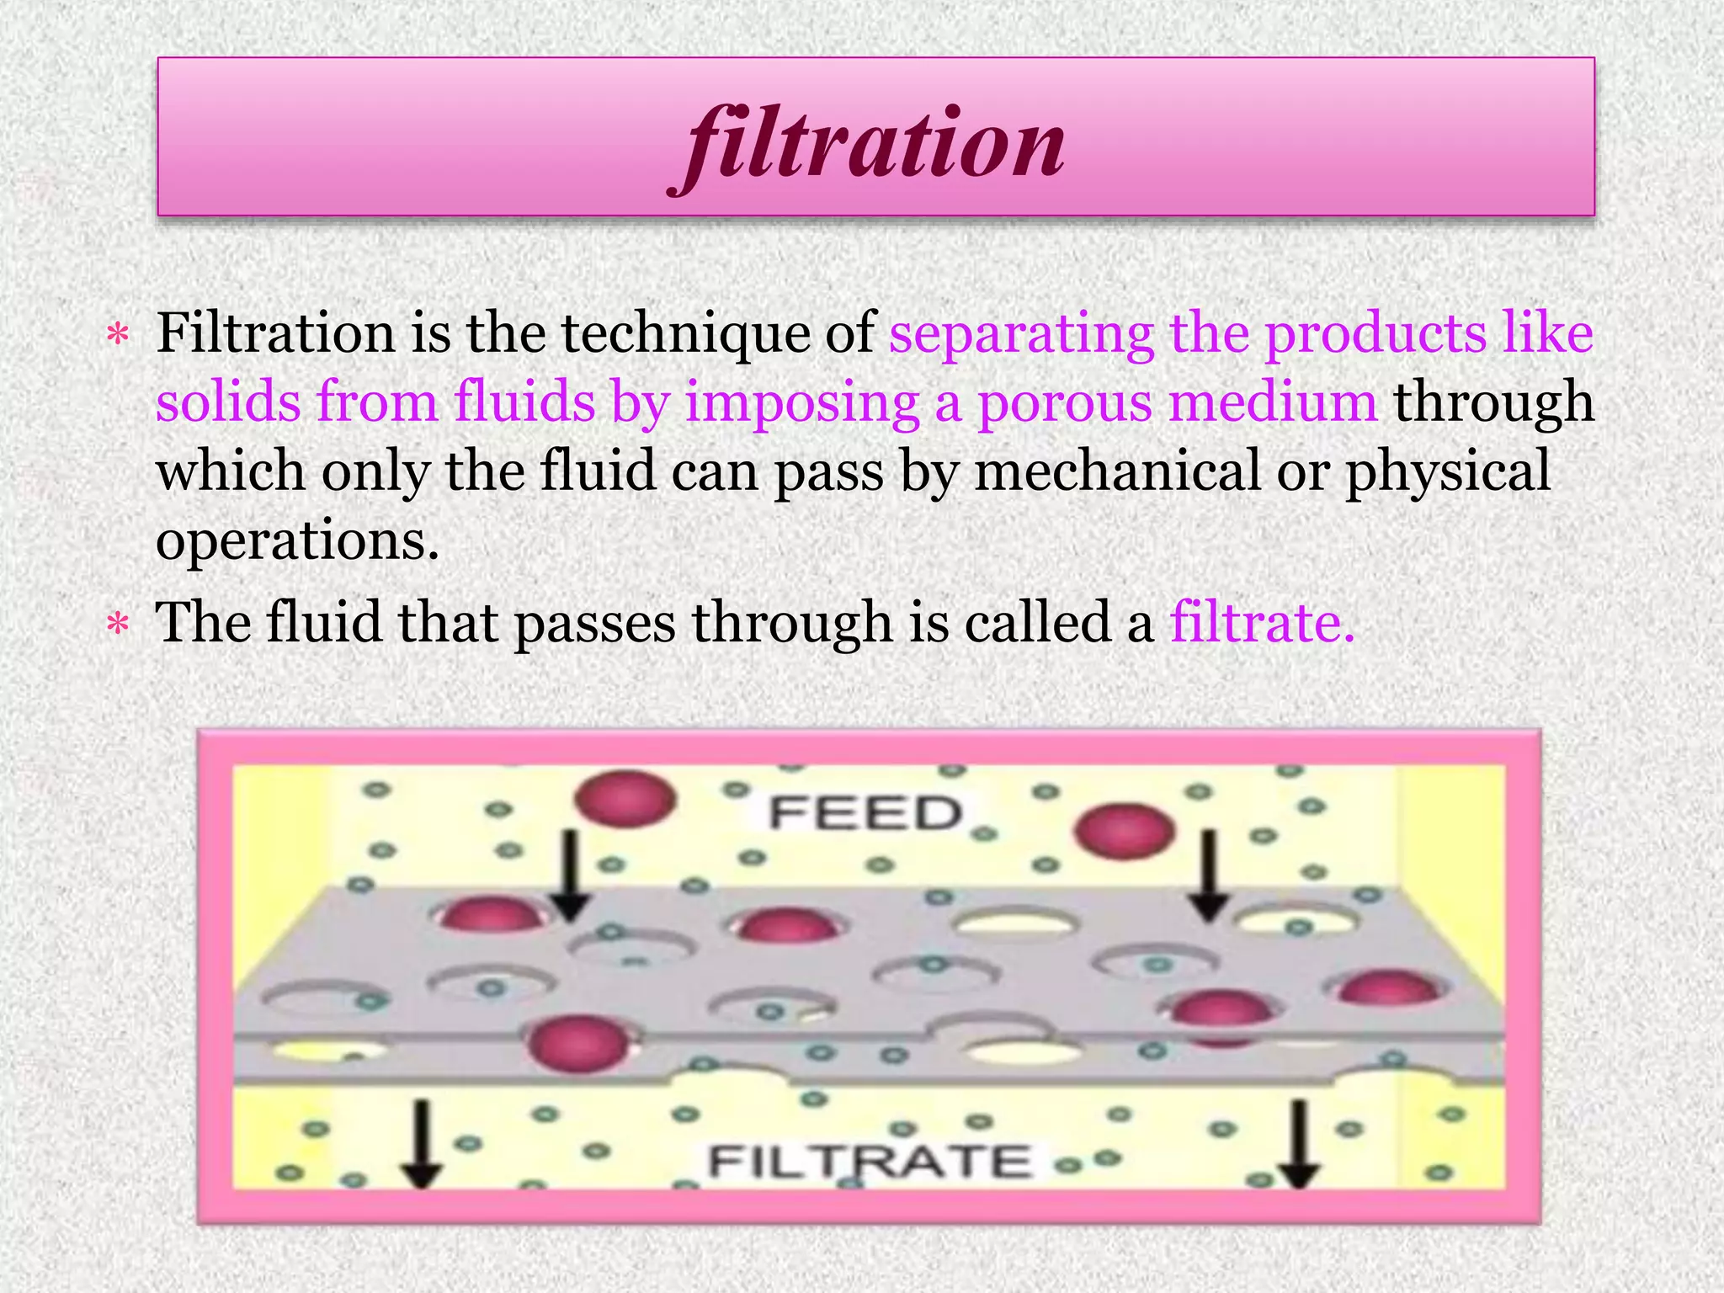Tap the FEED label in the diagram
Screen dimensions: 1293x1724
click(x=866, y=814)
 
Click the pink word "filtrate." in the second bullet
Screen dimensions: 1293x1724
click(x=1262, y=623)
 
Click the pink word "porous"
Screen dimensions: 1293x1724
click(x=1065, y=402)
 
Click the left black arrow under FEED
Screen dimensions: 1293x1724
click(x=570, y=875)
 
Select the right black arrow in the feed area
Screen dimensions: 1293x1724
click(x=1210, y=875)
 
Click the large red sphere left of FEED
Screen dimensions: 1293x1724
click(x=626, y=799)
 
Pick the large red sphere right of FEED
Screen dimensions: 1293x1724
click(x=1125, y=832)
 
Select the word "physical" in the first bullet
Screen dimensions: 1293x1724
click(x=1448, y=472)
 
